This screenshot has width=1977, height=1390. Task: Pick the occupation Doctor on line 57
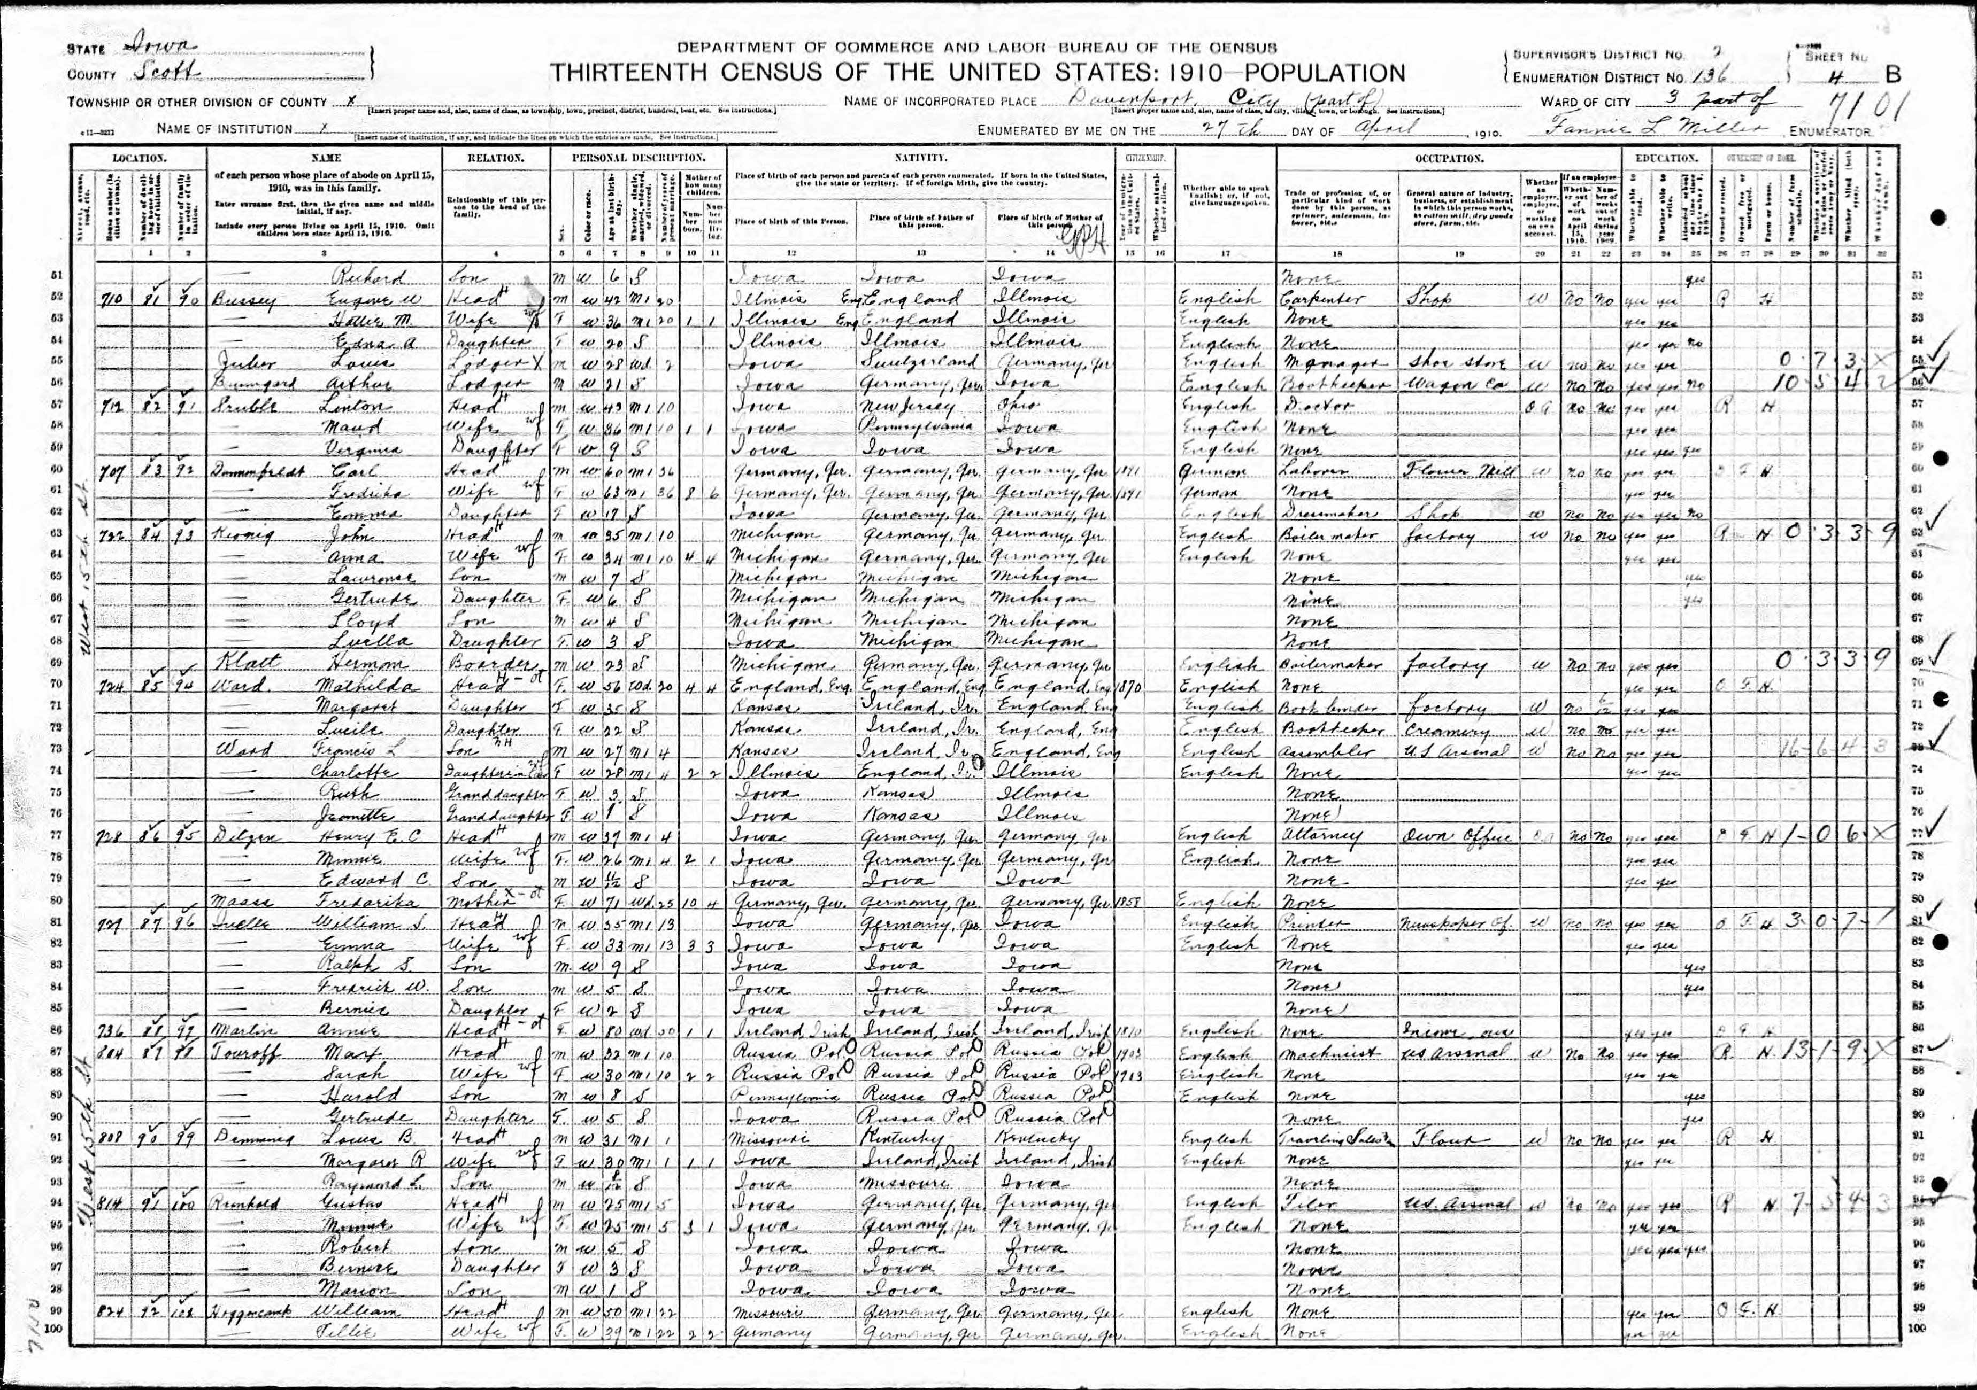tap(1306, 406)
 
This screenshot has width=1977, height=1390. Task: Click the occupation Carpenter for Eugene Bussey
tap(1311, 299)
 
